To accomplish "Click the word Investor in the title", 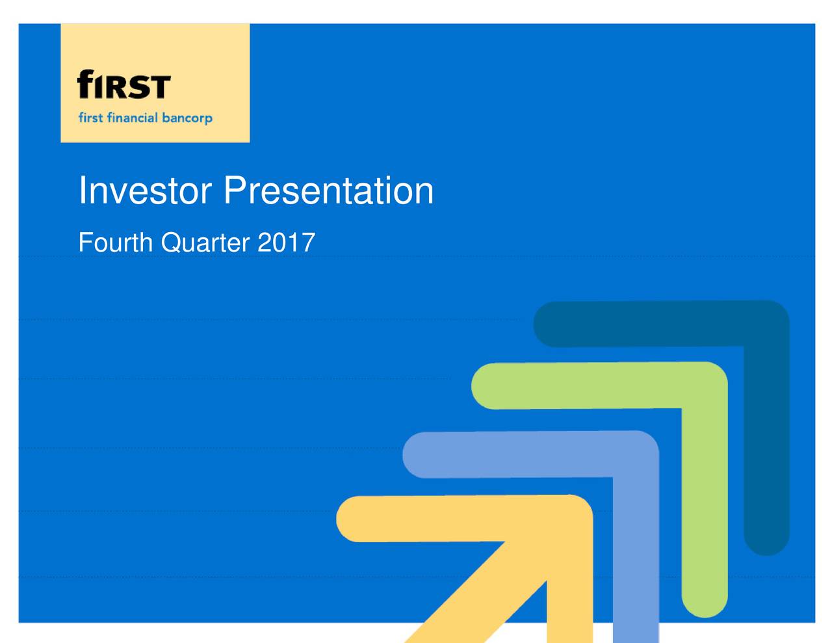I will [144, 191].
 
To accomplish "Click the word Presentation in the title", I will [328, 191].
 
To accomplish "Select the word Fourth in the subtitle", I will [115, 243].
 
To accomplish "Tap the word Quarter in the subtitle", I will [205, 243].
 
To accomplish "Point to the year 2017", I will [286, 243].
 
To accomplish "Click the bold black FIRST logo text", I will [123, 85].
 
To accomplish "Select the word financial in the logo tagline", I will [133, 118].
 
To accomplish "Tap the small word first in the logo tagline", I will [90, 118].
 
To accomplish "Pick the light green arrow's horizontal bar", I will [585, 386].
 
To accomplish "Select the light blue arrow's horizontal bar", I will [513, 454].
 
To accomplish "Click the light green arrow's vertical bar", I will [704, 507].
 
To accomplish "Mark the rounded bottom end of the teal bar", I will [766, 543].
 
